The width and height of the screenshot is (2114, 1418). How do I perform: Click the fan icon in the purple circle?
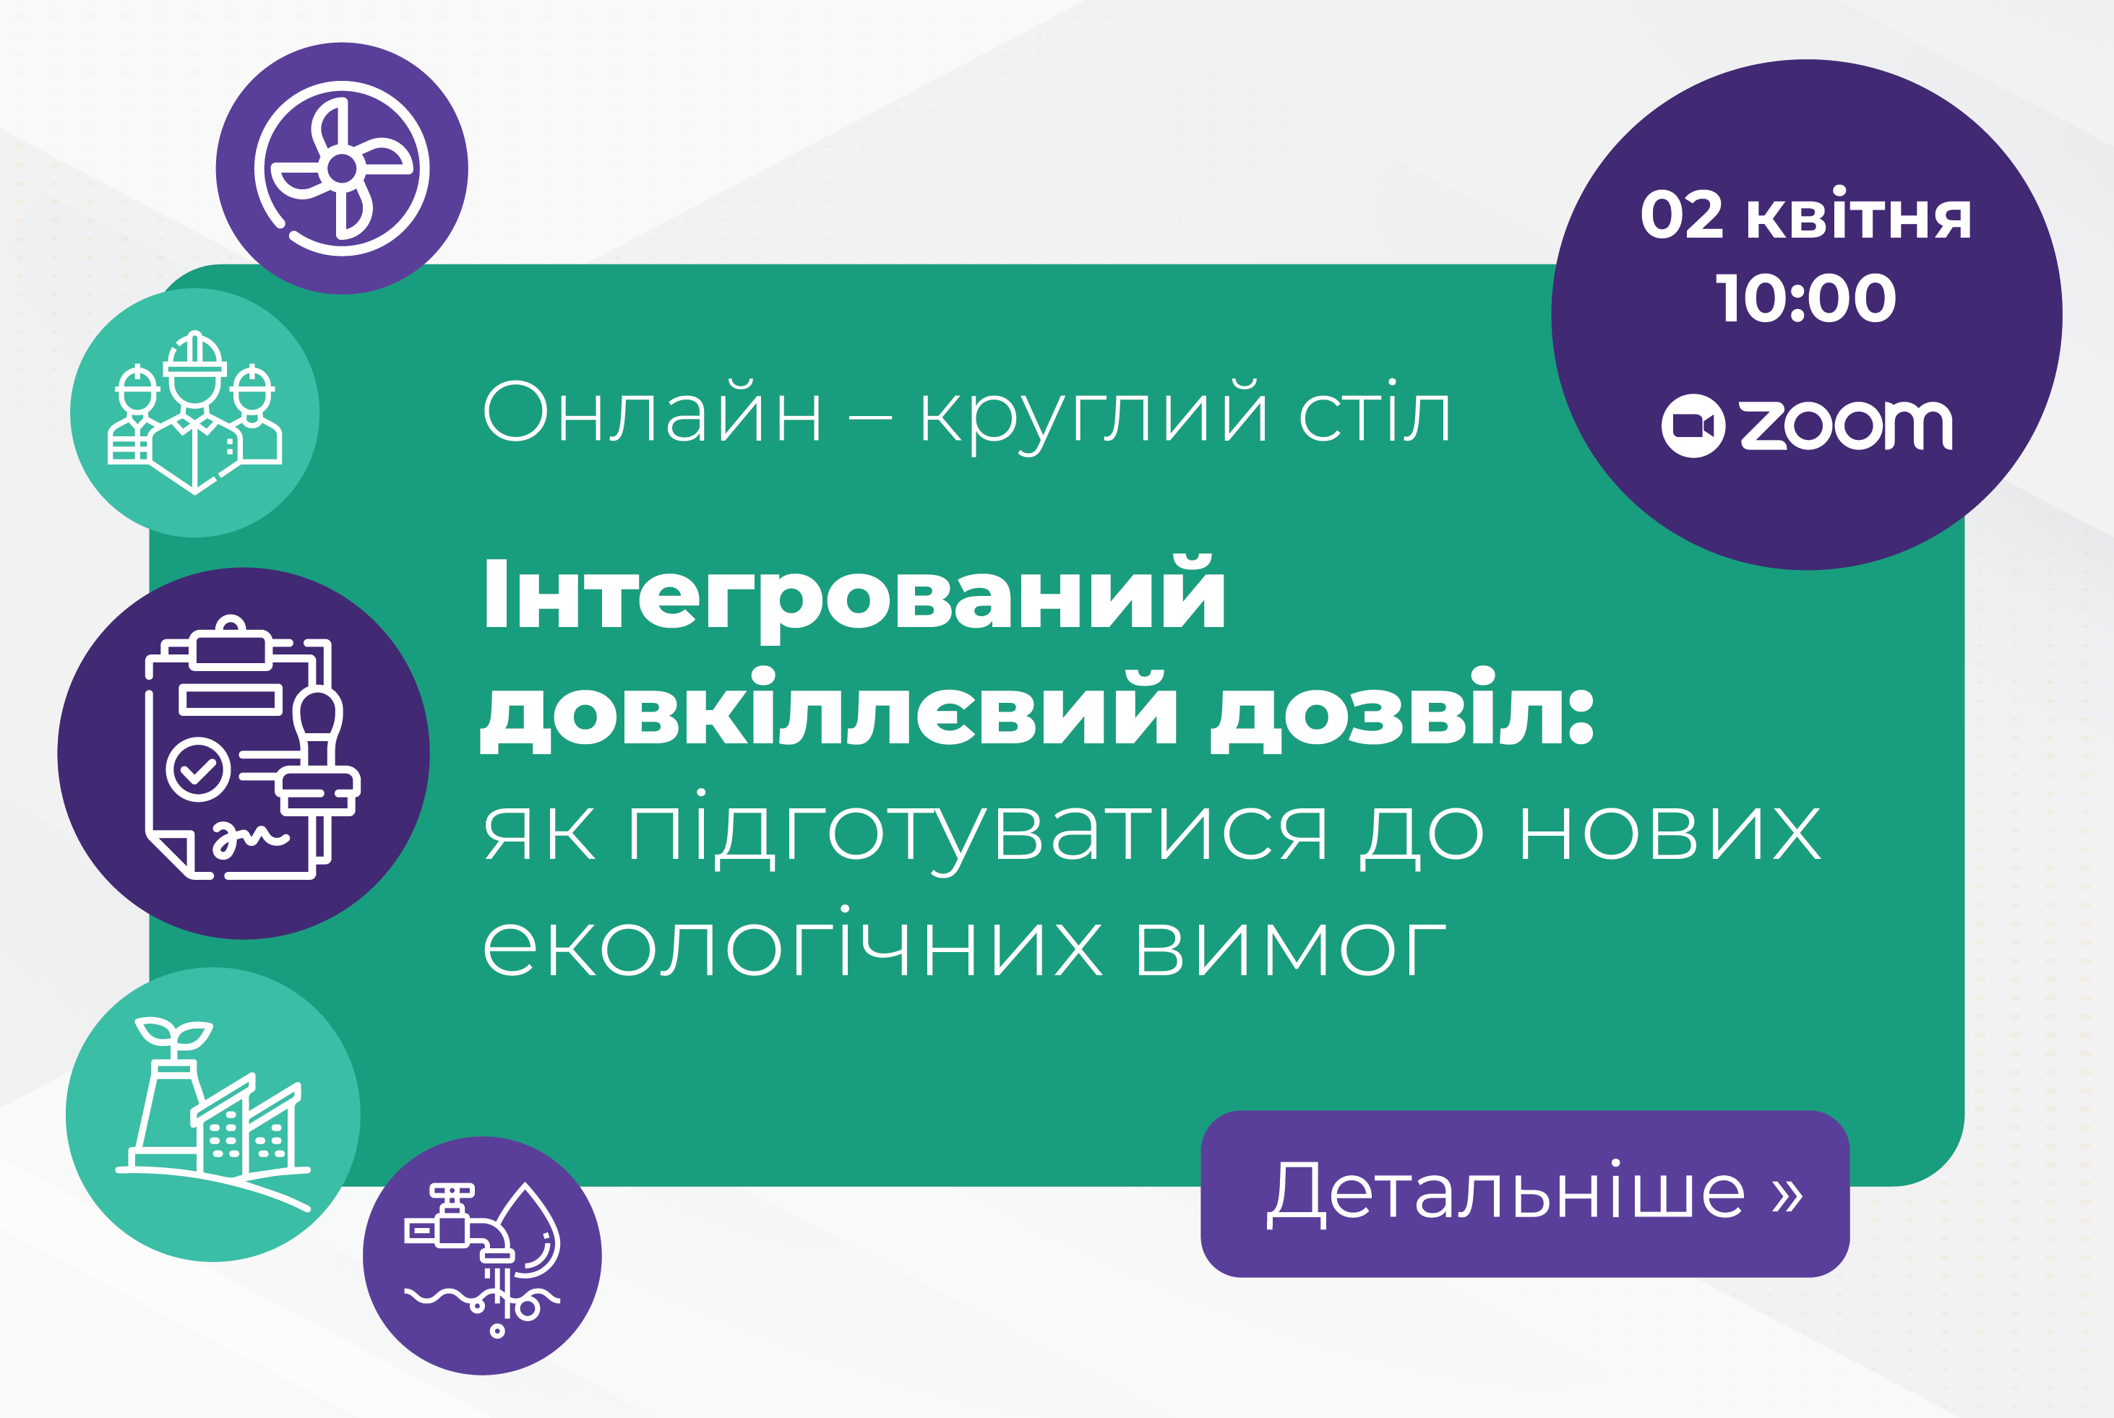click(341, 168)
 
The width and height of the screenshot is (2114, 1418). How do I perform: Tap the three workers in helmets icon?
click(194, 412)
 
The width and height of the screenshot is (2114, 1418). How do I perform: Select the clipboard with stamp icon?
click(252, 747)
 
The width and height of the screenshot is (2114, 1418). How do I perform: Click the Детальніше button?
click(1525, 1194)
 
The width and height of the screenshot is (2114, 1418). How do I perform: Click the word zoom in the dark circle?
click(1845, 425)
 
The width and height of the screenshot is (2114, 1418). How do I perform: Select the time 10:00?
click(1805, 298)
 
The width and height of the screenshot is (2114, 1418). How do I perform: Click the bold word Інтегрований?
click(855, 597)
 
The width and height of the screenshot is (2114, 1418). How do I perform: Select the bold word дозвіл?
click(1402, 710)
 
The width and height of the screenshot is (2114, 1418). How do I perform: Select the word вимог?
click(1291, 950)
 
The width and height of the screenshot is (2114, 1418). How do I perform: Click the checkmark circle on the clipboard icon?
click(198, 769)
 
